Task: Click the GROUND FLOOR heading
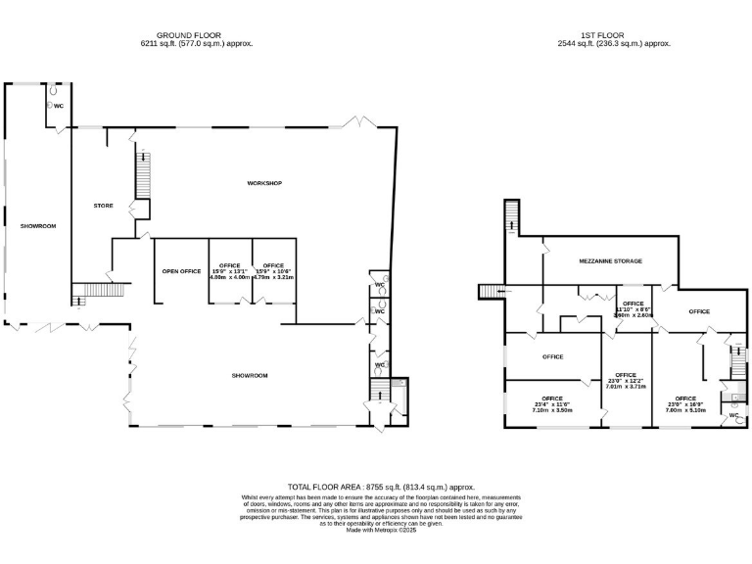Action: [188, 34]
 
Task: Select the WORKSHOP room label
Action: [264, 183]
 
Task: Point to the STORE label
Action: [103, 206]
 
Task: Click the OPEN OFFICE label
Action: [181, 270]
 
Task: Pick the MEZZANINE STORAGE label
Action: [610, 261]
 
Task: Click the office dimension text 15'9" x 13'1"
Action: [230, 271]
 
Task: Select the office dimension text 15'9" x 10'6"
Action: [273, 271]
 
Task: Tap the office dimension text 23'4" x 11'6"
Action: [552, 404]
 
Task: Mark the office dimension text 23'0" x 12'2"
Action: [627, 381]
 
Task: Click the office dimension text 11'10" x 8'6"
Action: [633, 309]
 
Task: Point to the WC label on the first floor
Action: [733, 415]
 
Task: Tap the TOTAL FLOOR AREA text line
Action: [381, 487]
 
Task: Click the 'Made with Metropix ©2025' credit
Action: [381, 530]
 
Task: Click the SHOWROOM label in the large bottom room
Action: [250, 375]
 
